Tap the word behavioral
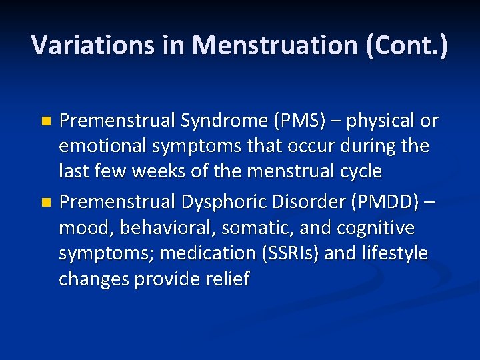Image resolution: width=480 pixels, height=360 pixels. click(159, 228)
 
